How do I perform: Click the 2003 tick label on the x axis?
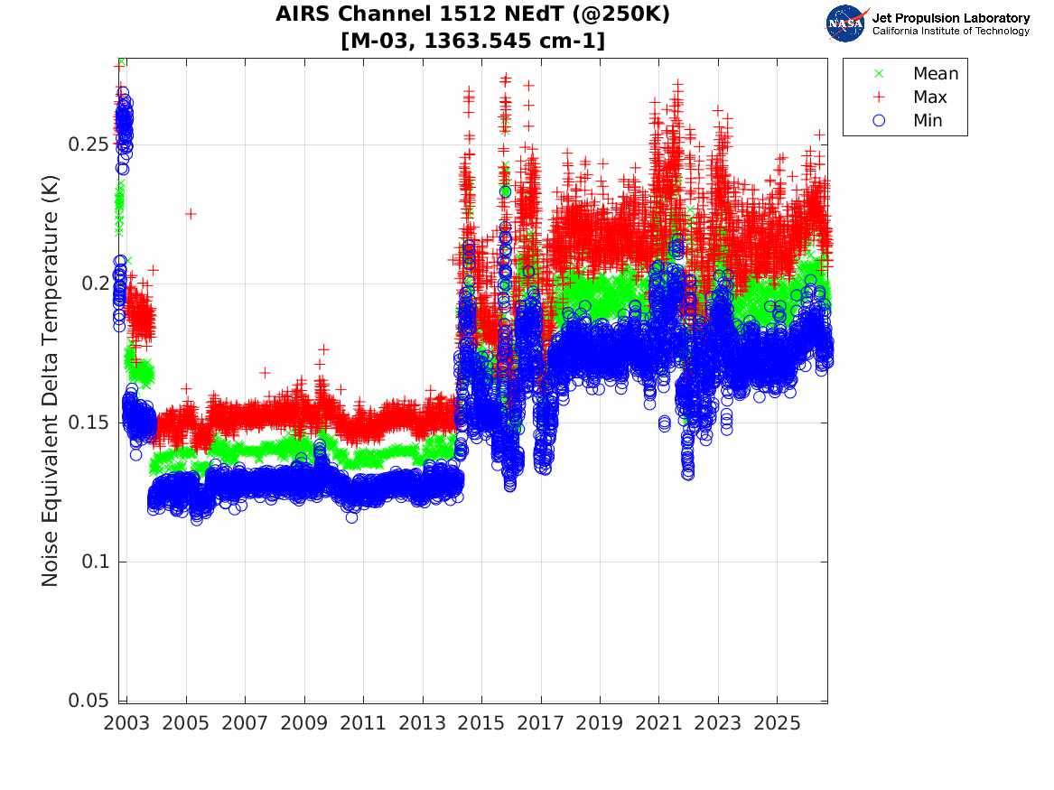tap(126, 723)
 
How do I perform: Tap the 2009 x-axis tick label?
tap(303, 723)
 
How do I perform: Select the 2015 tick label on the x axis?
tap(481, 723)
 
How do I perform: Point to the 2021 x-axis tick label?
tap(658, 723)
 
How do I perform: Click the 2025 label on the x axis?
tap(777, 723)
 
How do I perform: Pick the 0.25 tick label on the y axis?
tap(89, 144)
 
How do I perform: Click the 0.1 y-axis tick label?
tap(95, 561)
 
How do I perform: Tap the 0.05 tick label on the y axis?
tap(89, 700)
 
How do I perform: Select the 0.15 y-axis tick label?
tap(89, 422)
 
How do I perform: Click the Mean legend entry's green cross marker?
tap(879, 73)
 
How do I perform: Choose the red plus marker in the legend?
tap(879, 97)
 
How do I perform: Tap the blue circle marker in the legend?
tap(879, 120)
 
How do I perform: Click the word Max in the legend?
tap(929, 97)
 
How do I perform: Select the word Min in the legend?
tap(928, 120)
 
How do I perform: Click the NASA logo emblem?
tap(847, 23)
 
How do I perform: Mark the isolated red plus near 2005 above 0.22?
tap(191, 214)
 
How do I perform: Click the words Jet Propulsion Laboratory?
tap(950, 18)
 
